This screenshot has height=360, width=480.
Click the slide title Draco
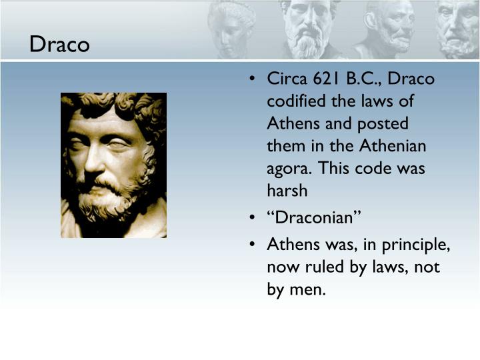(59, 45)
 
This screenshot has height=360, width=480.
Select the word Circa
(287, 79)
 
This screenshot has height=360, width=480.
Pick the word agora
(287, 169)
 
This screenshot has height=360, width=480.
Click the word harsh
(287, 190)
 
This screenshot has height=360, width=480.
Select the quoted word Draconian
(314, 219)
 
